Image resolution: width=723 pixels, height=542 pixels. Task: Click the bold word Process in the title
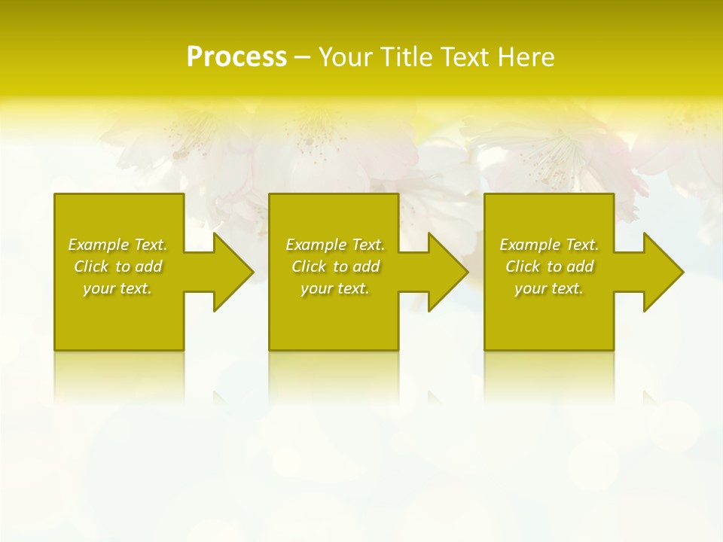click(236, 57)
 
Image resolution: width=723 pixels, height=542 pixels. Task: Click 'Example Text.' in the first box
click(117, 245)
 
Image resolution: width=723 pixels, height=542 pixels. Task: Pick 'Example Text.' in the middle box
click(335, 245)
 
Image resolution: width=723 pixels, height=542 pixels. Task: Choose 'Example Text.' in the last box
click(549, 245)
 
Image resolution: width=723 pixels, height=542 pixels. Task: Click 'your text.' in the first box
click(117, 288)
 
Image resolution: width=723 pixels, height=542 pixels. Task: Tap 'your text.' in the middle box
click(335, 288)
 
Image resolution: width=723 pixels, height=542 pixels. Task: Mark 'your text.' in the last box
click(549, 288)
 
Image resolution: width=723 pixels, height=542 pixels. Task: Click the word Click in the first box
click(91, 266)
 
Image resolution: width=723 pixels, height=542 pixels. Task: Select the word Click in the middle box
click(309, 266)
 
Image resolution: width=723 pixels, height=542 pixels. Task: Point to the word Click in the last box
click(523, 266)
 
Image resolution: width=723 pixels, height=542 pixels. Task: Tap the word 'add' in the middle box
click(366, 266)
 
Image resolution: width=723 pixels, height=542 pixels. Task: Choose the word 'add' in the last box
click(580, 266)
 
